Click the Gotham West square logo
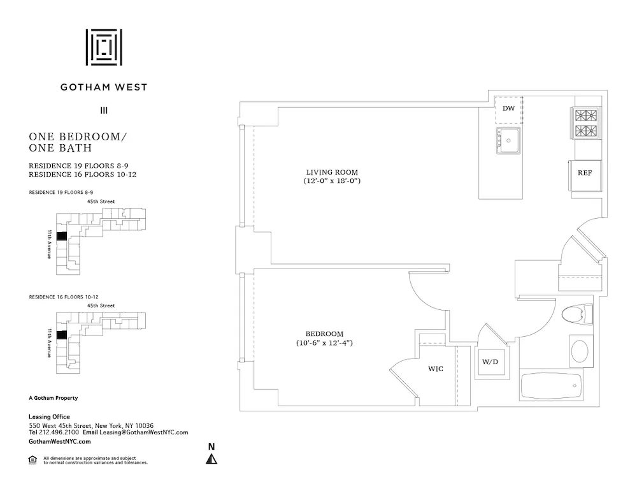104,47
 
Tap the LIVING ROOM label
332,172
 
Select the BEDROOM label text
324,334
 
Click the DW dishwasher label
508,108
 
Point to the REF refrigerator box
585,173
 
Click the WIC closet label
435,369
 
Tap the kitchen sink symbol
510,140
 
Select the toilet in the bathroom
577,315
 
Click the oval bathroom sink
580,351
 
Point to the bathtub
551,386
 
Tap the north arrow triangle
211,459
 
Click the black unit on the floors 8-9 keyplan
61,236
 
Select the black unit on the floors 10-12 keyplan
61,335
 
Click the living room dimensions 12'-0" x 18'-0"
332,181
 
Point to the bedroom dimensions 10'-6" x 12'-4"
324,343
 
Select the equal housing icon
32,459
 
